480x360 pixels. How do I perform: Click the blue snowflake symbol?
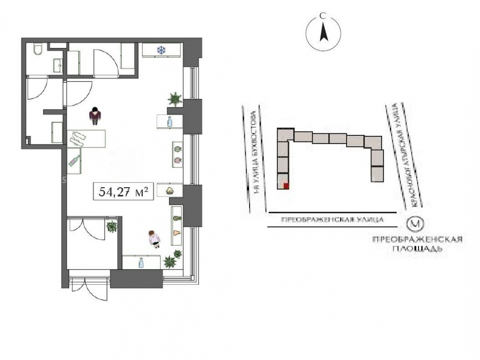coord(161,50)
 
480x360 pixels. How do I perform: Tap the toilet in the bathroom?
coord(38,49)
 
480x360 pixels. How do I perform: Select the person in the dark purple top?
coord(96,116)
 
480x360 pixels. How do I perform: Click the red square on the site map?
coord(286,186)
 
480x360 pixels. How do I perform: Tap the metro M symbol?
coord(415,224)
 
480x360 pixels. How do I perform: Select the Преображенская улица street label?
coord(332,219)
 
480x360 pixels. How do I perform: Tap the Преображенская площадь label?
coord(417,244)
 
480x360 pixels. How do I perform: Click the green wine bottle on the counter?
coord(74,161)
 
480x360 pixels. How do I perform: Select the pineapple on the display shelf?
coord(177,218)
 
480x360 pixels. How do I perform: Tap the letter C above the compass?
coord(322,16)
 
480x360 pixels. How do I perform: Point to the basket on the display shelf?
coord(169,191)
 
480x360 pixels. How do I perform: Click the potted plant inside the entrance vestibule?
coord(111,227)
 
